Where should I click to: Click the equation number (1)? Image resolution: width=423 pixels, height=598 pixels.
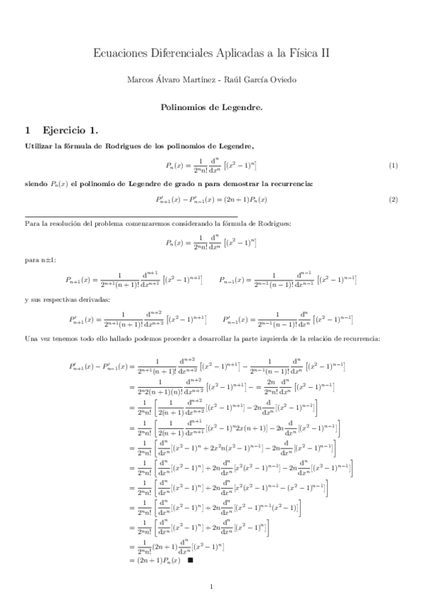coord(394,165)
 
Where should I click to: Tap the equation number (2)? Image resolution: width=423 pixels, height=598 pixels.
coord(394,200)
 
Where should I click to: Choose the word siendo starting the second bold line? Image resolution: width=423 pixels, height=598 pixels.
coord(37,183)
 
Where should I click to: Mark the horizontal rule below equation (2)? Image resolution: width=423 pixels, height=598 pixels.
coord(131,216)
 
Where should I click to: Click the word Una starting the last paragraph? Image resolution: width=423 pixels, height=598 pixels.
coord(31,338)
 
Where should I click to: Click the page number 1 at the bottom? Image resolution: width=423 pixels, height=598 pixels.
coord(211,586)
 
